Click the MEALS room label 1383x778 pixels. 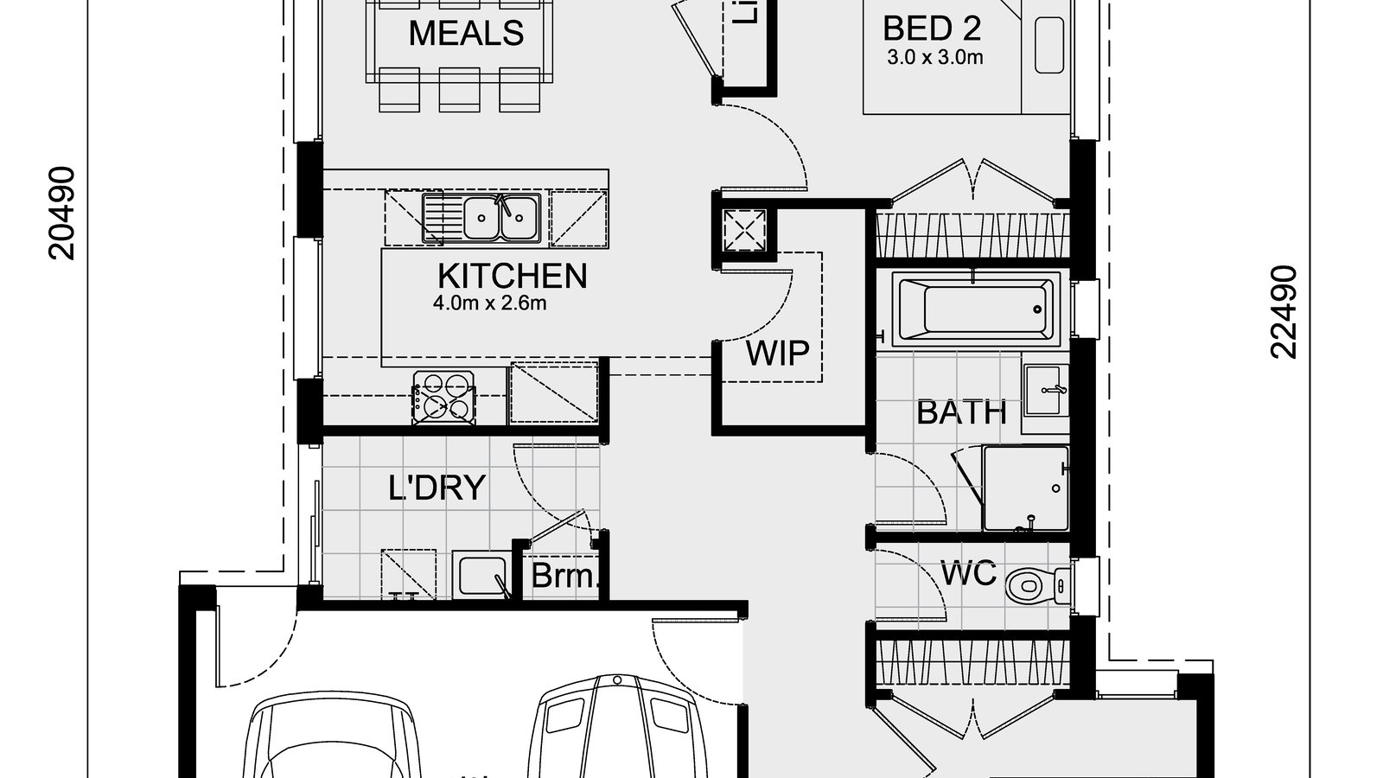[x=466, y=34]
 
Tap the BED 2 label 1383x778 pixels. [x=932, y=29]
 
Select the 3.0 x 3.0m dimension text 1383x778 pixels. [x=935, y=59]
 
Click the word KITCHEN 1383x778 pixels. [x=513, y=277]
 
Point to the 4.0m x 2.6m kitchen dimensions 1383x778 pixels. [x=490, y=304]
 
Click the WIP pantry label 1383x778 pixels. [x=777, y=354]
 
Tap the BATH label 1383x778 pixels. [x=961, y=412]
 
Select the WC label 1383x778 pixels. [x=968, y=573]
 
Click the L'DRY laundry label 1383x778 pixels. [x=437, y=488]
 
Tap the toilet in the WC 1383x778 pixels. [x=1033, y=585]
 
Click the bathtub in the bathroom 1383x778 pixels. [x=975, y=309]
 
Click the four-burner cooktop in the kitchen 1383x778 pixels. [x=444, y=398]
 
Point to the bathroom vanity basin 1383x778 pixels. [x=1047, y=386]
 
